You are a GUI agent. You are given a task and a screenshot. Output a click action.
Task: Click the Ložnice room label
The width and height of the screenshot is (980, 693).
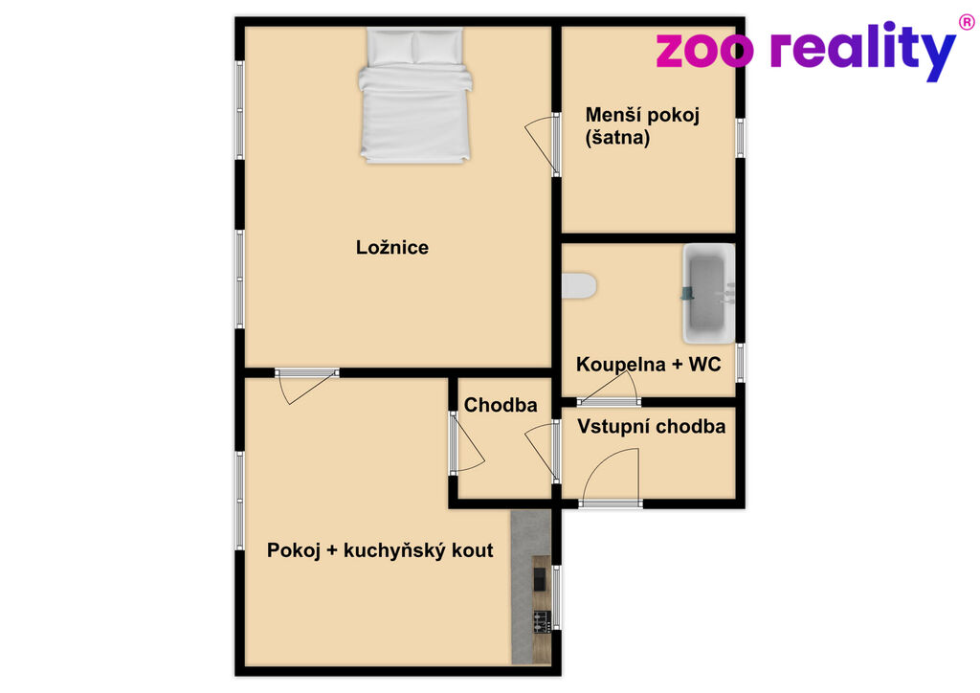pos(391,248)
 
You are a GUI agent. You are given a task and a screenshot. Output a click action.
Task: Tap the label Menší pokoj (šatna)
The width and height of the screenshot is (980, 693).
pos(642,125)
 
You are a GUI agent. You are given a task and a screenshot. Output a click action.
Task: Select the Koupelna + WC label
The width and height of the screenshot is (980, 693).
pos(648,365)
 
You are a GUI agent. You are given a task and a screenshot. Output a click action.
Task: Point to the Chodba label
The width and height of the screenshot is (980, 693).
pos(500,405)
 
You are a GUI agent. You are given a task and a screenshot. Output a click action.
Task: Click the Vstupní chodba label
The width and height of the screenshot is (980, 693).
pos(651,427)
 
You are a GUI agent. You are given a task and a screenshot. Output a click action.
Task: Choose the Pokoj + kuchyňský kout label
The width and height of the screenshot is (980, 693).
pos(380,550)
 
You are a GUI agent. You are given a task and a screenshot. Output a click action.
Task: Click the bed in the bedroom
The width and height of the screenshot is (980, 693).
pos(415,95)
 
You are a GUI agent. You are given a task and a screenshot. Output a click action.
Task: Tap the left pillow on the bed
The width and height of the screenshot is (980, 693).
pos(390,46)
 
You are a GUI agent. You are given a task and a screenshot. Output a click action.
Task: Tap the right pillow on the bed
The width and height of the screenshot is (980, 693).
pos(438,46)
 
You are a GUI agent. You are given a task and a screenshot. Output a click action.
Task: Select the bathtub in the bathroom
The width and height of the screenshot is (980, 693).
pos(709,294)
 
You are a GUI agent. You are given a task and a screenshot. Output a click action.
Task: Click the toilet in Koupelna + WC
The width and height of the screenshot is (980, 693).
pos(579,285)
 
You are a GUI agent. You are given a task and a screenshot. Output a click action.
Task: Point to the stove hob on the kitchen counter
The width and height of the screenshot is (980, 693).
pos(542,622)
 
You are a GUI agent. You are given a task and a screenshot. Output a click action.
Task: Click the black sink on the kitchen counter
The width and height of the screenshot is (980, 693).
pos(539,579)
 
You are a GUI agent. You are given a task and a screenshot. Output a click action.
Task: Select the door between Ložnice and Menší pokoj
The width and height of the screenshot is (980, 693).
pos(543,145)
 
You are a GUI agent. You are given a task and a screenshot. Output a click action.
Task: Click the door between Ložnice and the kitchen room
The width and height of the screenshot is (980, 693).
pos(307,385)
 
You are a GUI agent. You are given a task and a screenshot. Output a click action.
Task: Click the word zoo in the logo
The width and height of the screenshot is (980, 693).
pos(703,52)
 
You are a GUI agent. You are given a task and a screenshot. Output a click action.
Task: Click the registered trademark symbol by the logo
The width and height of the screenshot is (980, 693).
pos(967,23)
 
